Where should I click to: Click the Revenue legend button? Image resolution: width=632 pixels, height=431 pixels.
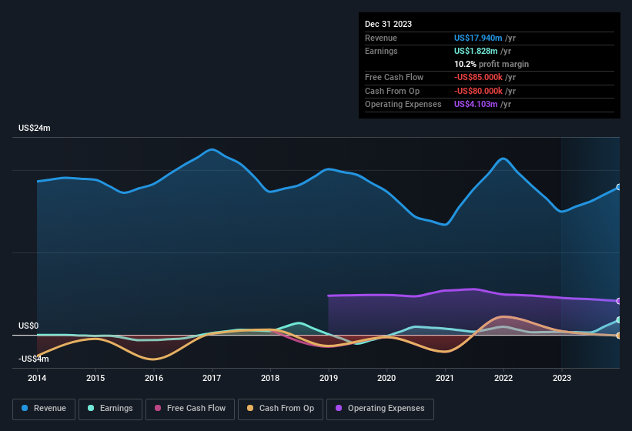(x=44, y=408)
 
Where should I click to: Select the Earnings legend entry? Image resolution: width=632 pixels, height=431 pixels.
(x=109, y=408)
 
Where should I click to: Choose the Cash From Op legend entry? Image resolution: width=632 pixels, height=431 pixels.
(x=280, y=408)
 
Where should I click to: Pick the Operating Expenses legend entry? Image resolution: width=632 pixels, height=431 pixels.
(x=380, y=408)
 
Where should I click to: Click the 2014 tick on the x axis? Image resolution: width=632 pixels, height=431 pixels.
(x=37, y=378)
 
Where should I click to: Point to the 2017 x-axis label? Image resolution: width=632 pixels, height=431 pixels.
(x=212, y=378)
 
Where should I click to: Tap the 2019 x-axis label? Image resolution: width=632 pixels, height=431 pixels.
(x=329, y=378)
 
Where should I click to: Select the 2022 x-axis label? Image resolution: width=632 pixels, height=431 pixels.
(x=503, y=378)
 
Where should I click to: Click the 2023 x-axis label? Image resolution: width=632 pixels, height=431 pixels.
(x=562, y=378)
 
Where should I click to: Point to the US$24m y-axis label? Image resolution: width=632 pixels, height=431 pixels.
(x=35, y=129)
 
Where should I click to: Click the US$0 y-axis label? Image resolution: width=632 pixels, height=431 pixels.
(x=28, y=326)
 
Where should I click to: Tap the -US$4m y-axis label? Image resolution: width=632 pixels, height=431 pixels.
(x=33, y=359)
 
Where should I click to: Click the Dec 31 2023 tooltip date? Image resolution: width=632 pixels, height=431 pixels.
(x=388, y=24)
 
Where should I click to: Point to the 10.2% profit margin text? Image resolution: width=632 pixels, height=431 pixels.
(x=491, y=64)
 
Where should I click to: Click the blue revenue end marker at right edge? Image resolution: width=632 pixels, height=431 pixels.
(x=619, y=187)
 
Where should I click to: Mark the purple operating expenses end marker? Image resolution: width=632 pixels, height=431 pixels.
(x=619, y=301)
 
